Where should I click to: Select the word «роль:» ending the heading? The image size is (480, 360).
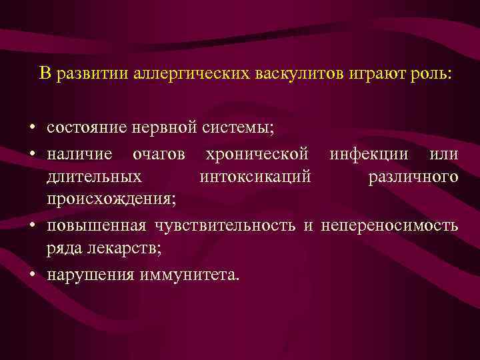(x=432, y=73)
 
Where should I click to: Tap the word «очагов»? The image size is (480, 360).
(x=159, y=155)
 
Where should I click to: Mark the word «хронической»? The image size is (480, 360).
(x=257, y=155)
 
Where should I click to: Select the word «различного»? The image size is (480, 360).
(x=413, y=177)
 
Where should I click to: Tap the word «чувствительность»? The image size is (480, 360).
(x=226, y=225)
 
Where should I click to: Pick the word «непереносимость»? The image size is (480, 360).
(x=390, y=225)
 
